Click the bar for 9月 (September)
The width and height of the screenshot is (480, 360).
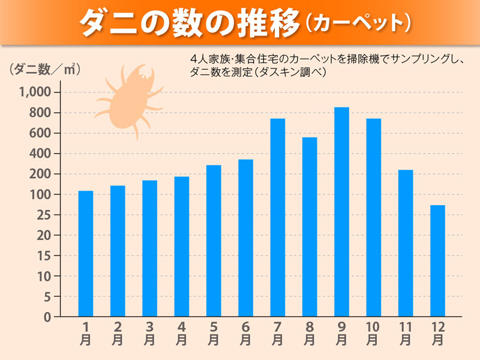pyautogui.click(x=341, y=212)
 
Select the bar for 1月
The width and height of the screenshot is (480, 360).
pyautogui.click(x=86, y=253)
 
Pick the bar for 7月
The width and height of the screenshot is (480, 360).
pyautogui.click(x=277, y=217)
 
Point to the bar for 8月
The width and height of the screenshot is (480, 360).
pyautogui.click(x=310, y=227)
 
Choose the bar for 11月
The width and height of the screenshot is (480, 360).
pyautogui.click(x=406, y=243)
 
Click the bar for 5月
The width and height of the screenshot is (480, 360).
pyautogui.click(x=214, y=241)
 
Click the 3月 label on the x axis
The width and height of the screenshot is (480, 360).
pyautogui.click(x=149, y=333)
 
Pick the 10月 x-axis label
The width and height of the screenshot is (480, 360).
pyautogui.click(x=373, y=333)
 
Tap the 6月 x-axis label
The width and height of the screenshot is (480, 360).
pyautogui.click(x=245, y=333)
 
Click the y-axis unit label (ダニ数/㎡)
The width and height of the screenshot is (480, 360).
pyautogui.click(x=45, y=69)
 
